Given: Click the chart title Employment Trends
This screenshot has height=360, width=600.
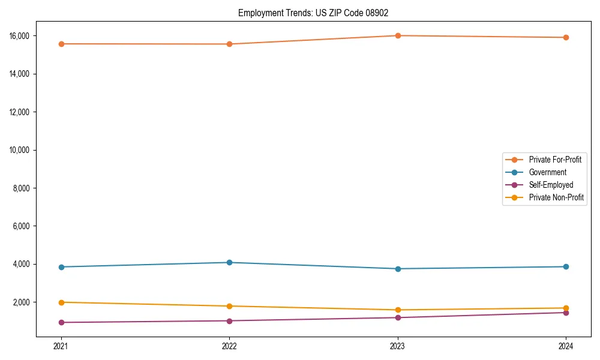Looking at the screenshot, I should click(317, 13).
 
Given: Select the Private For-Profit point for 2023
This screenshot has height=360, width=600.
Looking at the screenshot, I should click(398, 35).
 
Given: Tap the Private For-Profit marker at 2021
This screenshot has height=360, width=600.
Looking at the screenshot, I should click(61, 44).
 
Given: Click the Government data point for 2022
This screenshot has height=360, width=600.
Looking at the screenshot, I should click(229, 262).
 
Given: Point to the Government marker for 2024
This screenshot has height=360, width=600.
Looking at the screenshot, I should click(566, 266).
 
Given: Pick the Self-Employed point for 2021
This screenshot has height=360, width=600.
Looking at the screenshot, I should click(61, 322).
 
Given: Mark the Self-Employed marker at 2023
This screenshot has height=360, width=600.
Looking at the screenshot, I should click(398, 317).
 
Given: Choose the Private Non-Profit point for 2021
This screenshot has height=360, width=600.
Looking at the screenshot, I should click(61, 302).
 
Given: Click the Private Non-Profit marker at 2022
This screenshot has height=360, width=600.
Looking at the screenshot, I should click(229, 306).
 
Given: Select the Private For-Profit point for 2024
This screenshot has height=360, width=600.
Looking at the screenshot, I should click(566, 37).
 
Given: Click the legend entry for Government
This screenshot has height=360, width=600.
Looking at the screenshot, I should click(547, 172).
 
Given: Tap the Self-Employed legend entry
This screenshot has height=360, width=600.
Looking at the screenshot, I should click(551, 185).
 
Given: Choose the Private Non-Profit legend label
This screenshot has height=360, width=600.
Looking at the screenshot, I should click(556, 197).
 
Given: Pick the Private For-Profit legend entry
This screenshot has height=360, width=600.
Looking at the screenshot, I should click(554, 160).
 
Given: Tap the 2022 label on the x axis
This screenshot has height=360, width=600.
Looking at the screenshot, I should click(229, 346).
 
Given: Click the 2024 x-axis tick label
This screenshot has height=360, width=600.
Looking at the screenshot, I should click(566, 346).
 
